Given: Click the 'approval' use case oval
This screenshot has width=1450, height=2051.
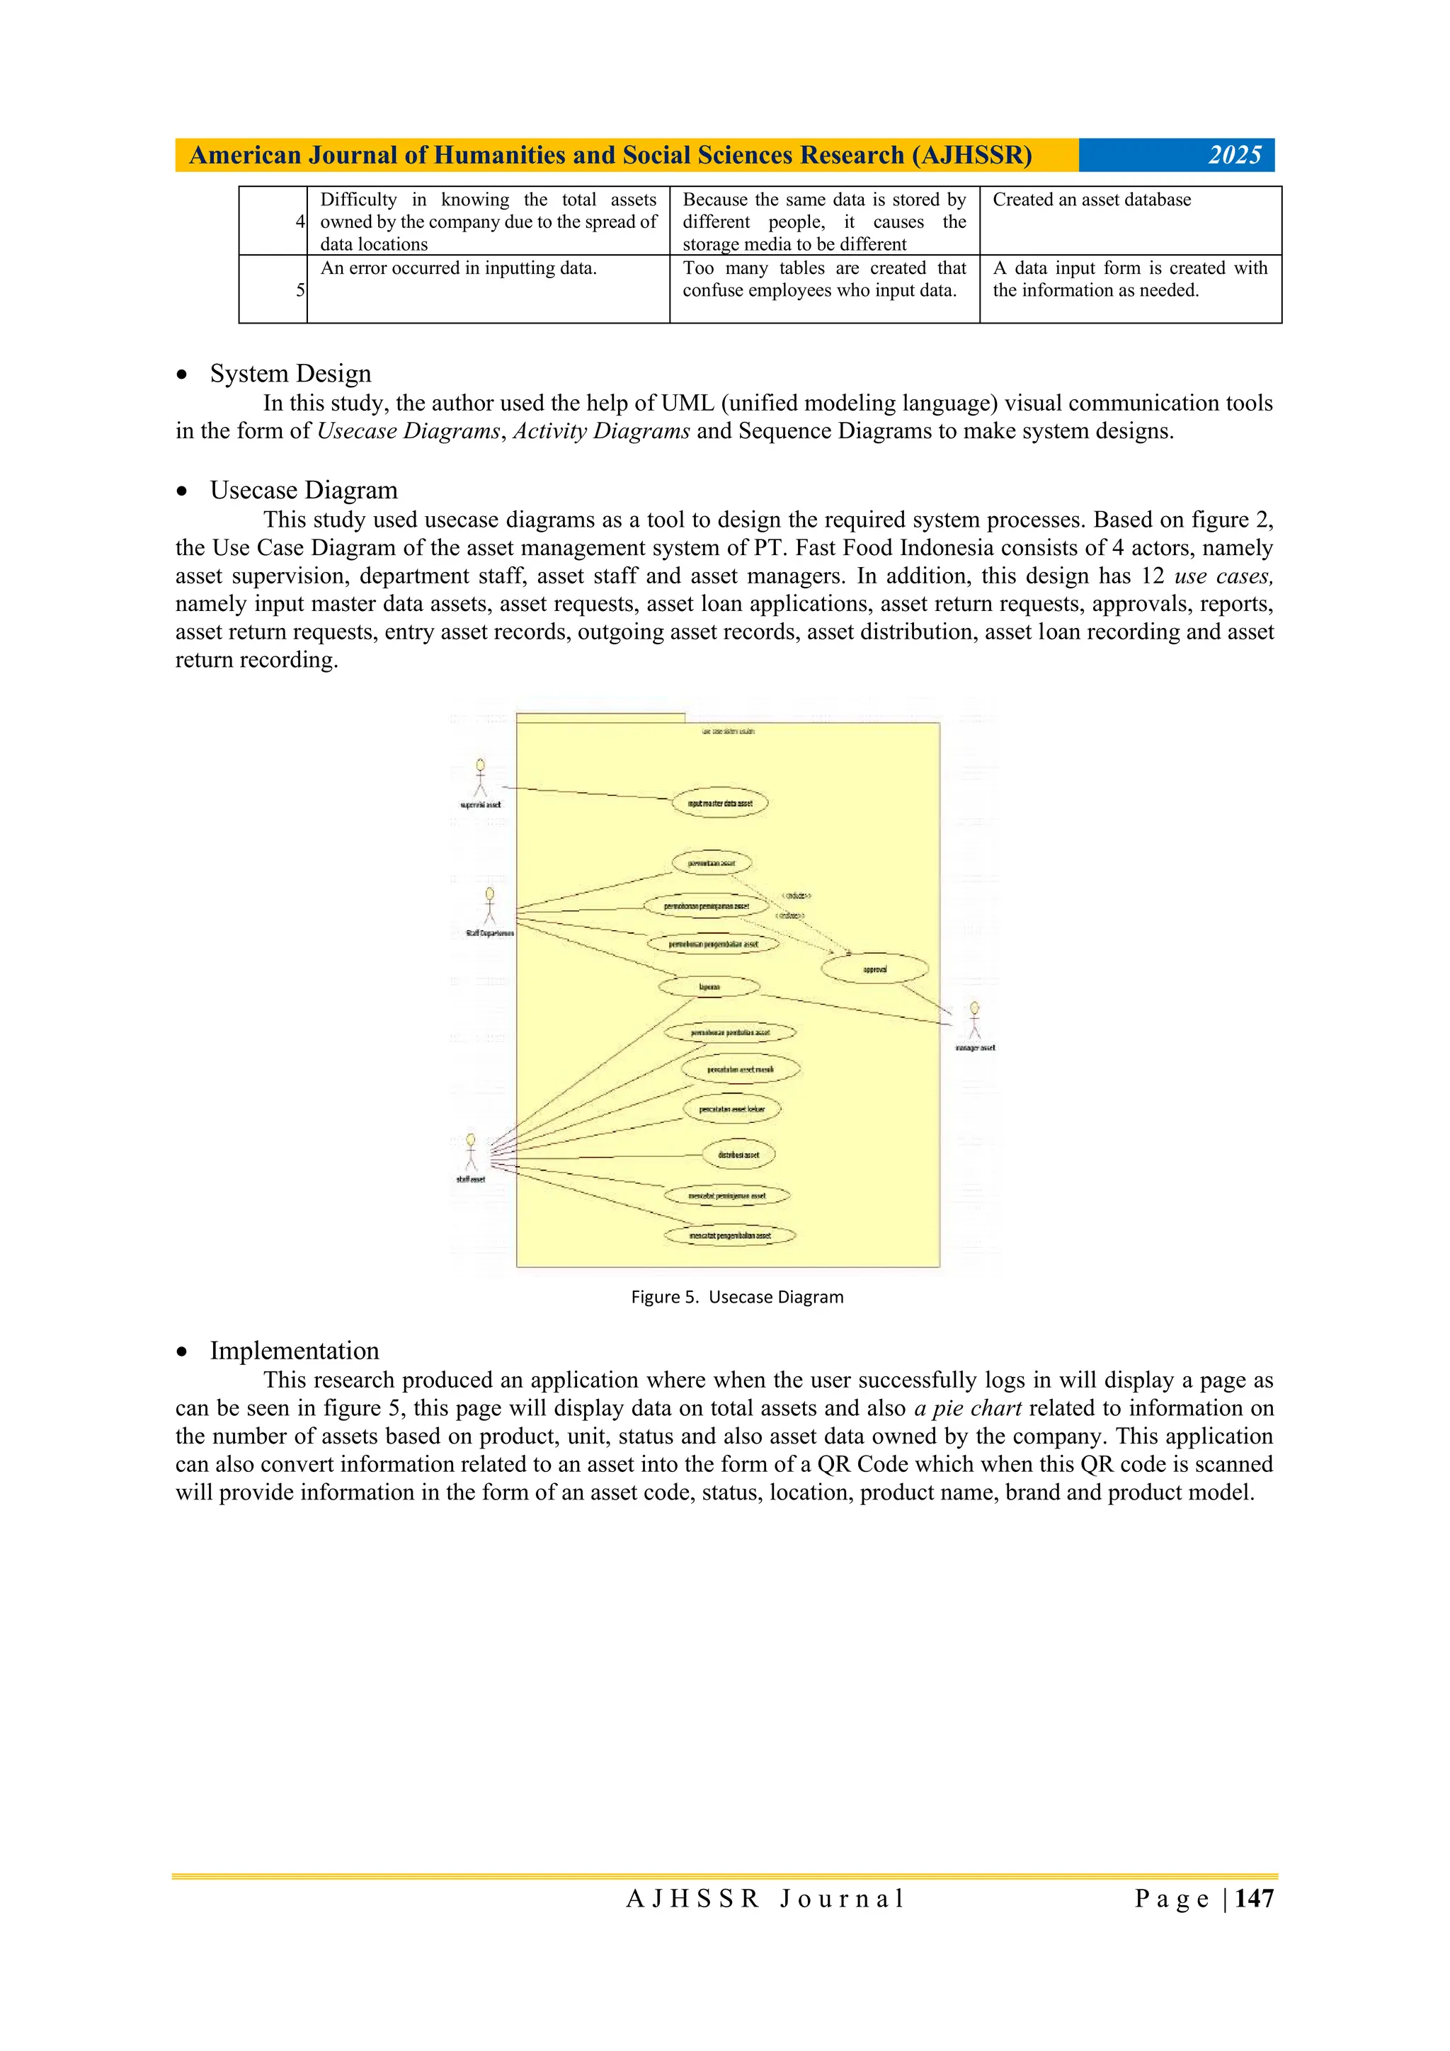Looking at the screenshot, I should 874,969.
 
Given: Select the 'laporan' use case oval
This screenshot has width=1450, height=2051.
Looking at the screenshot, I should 709,987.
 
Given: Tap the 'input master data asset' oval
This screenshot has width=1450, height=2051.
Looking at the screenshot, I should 720,803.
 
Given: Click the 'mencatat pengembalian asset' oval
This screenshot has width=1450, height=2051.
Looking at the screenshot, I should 730,1235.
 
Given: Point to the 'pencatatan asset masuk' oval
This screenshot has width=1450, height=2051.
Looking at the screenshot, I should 740,1069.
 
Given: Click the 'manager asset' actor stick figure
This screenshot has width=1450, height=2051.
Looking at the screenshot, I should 975,1020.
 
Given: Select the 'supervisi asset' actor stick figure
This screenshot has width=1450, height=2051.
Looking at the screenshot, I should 481,777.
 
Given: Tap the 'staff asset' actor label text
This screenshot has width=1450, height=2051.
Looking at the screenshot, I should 471,1179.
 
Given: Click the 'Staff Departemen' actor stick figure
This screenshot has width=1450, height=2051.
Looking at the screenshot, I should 489,907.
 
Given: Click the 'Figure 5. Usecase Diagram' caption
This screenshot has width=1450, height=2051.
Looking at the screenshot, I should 737,1297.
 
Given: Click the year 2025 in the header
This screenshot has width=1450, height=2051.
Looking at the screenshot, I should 1234,156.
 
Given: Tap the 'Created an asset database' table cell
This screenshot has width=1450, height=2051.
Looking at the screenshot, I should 1092,200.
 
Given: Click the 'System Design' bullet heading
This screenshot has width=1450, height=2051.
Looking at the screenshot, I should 290,373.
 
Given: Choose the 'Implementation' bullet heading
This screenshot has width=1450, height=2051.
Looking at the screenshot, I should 294,1350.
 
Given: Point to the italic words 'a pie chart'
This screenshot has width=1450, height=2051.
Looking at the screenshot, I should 968,1408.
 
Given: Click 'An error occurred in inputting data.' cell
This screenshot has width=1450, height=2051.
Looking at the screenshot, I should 458,268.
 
